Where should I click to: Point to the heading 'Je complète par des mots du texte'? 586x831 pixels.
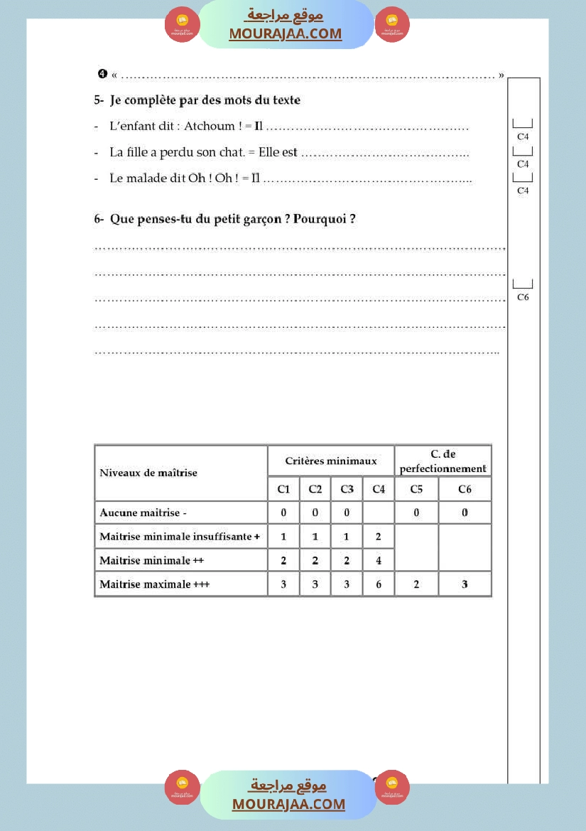click(x=205, y=100)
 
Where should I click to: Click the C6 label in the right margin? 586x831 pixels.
click(x=523, y=297)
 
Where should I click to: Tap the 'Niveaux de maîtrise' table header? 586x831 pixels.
click(x=148, y=473)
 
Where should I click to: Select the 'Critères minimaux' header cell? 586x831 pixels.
click(x=330, y=461)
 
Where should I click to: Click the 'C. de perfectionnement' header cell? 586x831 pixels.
click(x=443, y=461)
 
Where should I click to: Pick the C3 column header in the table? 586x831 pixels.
click(x=347, y=489)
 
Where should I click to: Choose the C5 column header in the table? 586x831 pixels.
click(x=416, y=489)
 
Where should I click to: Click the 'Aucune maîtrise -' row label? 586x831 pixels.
click(x=143, y=513)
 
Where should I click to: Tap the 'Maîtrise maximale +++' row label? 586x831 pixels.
click(x=154, y=585)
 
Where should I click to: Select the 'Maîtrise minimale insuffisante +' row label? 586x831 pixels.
click(x=180, y=536)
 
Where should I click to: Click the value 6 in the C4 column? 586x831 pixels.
click(x=379, y=585)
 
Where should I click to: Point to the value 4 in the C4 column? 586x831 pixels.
click(x=379, y=560)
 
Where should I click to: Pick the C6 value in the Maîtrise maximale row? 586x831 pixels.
click(x=465, y=585)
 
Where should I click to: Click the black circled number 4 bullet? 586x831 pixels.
click(x=102, y=74)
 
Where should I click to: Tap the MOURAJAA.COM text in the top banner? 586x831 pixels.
click(x=286, y=33)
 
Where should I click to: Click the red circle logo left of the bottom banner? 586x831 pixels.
click(x=183, y=787)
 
